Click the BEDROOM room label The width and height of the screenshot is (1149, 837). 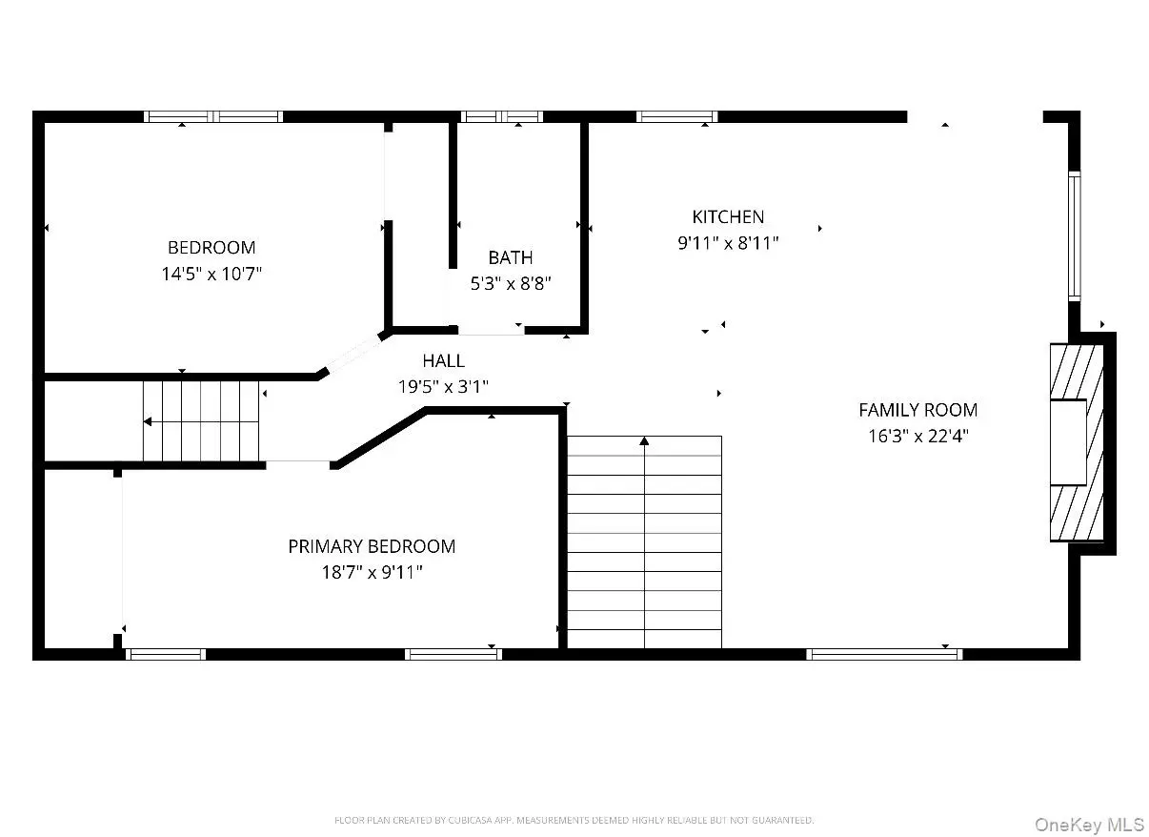coord(212,247)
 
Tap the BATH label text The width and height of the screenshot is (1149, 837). coord(511,257)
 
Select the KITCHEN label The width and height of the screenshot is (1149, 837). coord(728,216)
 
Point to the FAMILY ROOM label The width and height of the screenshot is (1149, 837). coord(918,410)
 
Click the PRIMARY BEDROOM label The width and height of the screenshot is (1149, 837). coord(372,546)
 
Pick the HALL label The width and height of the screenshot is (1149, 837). coord(444,360)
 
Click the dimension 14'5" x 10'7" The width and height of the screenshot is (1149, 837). coord(212,274)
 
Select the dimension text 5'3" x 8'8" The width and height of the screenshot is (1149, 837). coord(511,283)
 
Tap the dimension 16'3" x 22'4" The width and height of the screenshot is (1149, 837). coord(918,436)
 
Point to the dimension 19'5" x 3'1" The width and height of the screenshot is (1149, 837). coord(444,386)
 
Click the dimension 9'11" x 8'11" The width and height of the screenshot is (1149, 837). coord(728,243)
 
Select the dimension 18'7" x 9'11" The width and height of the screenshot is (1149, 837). coord(372,572)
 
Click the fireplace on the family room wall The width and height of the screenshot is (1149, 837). coord(1077,441)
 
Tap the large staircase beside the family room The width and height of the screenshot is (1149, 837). coord(644,541)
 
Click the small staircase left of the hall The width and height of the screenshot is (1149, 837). coord(201,421)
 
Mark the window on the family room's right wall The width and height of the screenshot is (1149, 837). coord(1074,236)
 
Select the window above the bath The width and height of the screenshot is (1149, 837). coord(502,116)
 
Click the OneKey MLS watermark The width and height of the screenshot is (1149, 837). coord(1089,825)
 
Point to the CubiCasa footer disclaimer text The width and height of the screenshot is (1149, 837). coord(574,820)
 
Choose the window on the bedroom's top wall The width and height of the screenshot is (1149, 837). coord(212,116)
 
